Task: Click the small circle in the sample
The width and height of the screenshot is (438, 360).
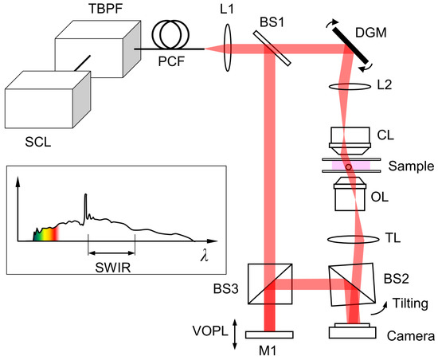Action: [349, 166]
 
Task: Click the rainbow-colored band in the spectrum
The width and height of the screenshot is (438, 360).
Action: [45, 233]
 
